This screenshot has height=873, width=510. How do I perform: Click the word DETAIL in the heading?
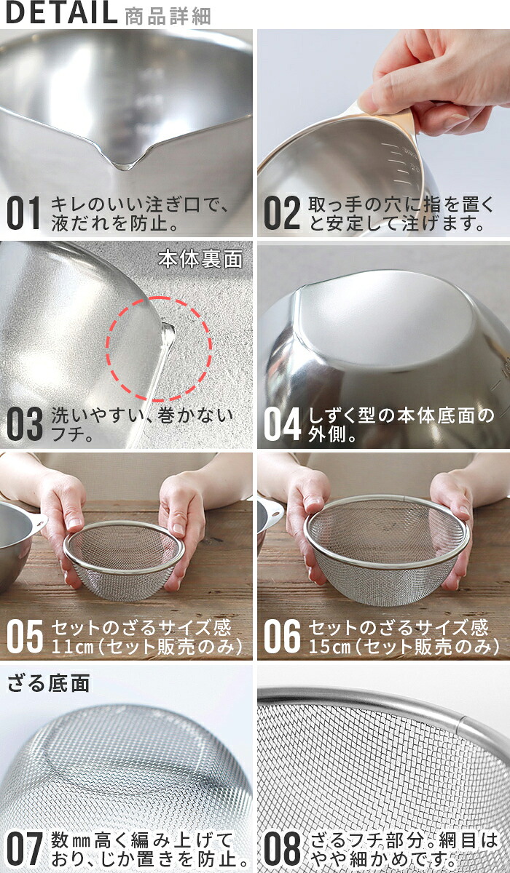(x=61, y=13)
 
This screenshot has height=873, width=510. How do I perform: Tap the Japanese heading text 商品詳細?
(x=168, y=16)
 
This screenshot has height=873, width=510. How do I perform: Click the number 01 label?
(x=23, y=212)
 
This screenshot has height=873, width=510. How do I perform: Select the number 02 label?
(x=282, y=212)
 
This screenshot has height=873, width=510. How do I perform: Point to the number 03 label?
(x=24, y=423)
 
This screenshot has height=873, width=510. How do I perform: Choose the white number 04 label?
(x=282, y=423)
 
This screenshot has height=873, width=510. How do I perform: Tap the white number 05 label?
(x=24, y=636)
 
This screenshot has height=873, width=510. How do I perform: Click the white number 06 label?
(x=282, y=636)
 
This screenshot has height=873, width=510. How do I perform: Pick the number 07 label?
(x=24, y=848)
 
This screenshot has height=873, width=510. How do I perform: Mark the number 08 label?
(x=282, y=848)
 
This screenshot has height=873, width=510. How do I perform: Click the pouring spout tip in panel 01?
(x=124, y=167)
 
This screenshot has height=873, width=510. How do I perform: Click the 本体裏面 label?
(x=200, y=259)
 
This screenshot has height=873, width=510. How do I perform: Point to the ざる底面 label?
(x=49, y=683)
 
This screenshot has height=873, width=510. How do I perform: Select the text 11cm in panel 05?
(x=72, y=647)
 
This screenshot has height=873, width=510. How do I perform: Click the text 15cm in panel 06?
(x=329, y=647)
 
